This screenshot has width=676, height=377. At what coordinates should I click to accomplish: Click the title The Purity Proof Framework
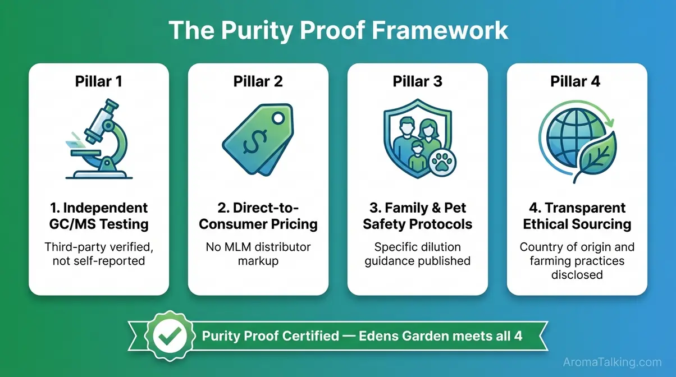338,30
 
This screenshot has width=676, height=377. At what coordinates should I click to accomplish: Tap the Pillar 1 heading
98,81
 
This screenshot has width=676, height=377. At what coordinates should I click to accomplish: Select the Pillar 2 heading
258,81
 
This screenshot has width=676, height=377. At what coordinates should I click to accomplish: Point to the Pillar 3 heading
417,81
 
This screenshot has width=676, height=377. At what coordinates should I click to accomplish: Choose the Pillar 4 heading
576,81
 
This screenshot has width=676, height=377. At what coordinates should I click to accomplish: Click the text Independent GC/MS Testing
98,216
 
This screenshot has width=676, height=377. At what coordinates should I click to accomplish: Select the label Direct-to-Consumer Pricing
258,216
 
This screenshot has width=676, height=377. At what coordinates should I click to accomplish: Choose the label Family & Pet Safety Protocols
417,216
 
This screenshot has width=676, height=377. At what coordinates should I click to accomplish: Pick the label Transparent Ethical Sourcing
577,216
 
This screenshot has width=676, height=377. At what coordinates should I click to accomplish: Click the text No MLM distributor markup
258,254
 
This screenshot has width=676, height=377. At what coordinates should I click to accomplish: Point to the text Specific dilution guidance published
417,254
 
